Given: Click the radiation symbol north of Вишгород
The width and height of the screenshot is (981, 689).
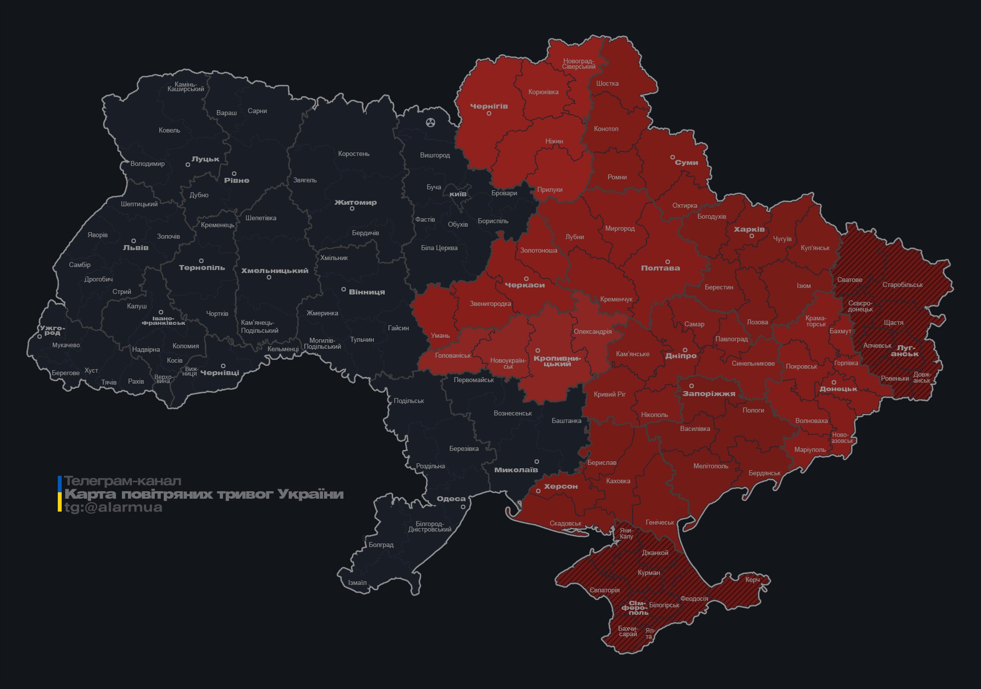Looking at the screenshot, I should [x=431, y=122].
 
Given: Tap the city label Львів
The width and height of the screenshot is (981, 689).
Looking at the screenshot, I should [x=135, y=248].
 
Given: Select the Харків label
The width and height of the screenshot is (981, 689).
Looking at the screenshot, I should [x=749, y=230].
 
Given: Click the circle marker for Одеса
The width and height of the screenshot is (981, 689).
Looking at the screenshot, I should [x=463, y=507].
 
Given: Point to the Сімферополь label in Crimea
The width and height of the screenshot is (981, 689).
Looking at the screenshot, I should [x=636, y=608].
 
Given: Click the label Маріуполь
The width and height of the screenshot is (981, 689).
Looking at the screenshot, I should [x=810, y=450].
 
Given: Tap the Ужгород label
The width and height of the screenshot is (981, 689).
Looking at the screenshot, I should [x=52, y=330].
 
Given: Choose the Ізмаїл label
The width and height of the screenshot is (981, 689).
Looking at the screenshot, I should [x=357, y=583].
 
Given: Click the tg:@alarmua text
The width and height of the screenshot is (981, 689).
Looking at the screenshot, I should [x=113, y=508].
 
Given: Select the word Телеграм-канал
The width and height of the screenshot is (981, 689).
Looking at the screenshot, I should [x=122, y=481].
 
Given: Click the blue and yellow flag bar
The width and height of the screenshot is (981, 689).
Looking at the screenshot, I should [x=60, y=494].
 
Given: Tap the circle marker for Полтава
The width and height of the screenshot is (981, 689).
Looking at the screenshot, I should [x=667, y=262].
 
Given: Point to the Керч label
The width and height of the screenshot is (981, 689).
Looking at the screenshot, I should [x=752, y=580].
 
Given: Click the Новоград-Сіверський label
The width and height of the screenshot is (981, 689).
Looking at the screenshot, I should [x=579, y=64].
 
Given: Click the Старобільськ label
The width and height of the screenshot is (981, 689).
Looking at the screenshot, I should [x=902, y=285].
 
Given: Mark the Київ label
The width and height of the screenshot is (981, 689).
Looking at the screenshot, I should [x=458, y=194].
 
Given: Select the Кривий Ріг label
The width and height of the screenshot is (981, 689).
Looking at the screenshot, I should [x=610, y=395].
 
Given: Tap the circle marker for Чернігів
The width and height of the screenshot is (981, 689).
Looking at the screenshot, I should [x=489, y=114].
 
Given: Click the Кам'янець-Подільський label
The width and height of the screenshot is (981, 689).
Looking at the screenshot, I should [x=259, y=327].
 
